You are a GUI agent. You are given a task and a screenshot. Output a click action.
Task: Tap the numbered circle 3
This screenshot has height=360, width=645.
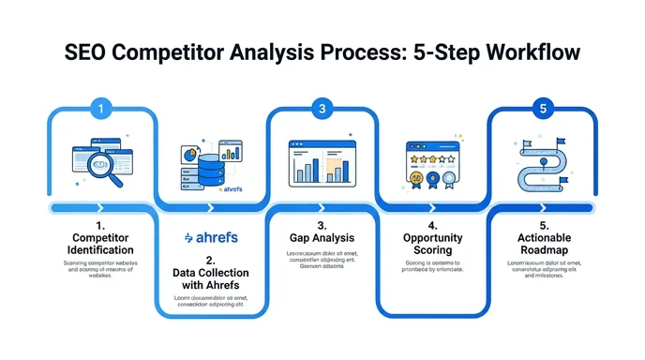(322, 109)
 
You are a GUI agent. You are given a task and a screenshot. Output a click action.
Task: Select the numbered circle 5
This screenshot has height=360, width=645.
(543, 109)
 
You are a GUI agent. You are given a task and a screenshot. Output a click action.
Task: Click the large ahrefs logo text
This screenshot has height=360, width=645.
(210, 237)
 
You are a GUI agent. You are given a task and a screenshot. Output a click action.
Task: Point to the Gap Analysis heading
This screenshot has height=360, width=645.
(322, 239)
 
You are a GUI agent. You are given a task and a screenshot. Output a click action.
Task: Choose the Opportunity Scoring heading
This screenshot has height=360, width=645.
(432, 244)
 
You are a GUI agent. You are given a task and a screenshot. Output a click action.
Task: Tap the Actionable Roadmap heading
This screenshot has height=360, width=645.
(543, 244)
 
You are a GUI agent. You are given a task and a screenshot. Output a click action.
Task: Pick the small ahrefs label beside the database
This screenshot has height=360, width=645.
(232, 188)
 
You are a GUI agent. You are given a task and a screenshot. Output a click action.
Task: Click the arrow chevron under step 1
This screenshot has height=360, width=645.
(99, 208)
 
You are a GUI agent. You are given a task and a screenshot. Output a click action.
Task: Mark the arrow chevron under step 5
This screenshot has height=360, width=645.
(543, 208)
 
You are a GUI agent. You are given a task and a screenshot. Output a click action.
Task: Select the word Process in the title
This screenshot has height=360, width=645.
(346, 52)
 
